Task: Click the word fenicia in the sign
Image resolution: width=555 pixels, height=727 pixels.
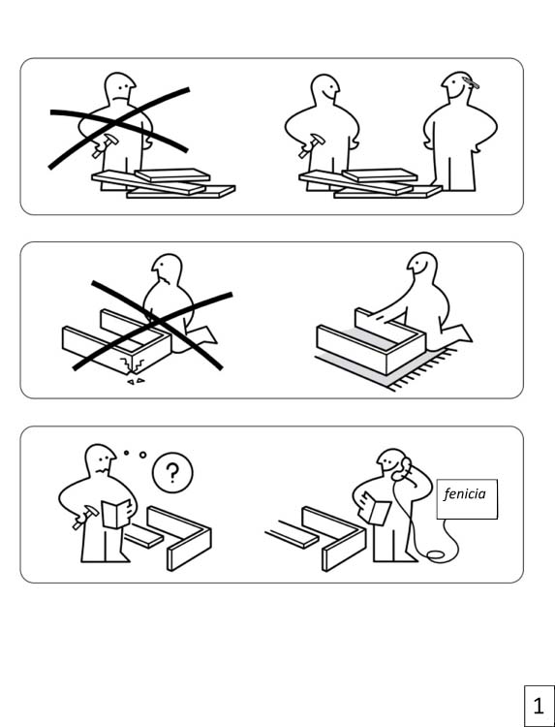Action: (465, 493)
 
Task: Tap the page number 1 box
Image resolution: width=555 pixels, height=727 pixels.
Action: (539, 706)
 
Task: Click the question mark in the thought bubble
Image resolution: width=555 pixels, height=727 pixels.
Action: (172, 473)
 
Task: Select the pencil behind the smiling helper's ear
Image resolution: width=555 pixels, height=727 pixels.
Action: (470, 83)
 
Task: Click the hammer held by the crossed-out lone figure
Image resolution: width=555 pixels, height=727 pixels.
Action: (105, 145)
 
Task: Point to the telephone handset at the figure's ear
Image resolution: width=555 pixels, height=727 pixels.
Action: (403, 469)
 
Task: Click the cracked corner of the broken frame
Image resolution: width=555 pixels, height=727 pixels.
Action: (132, 363)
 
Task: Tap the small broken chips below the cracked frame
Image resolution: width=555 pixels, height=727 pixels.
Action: (136, 382)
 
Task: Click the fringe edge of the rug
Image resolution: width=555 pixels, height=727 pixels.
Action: (421, 369)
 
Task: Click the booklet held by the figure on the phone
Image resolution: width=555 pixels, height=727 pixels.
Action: (374, 509)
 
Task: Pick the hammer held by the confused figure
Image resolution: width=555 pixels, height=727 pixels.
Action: (85, 517)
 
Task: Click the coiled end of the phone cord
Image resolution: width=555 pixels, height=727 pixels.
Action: (436, 554)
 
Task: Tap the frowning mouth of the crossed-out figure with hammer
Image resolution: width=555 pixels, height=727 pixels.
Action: (121, 99)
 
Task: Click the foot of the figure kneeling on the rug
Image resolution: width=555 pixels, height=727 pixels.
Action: (459, 334)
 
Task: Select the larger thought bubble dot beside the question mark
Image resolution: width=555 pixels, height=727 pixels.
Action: (142, 456)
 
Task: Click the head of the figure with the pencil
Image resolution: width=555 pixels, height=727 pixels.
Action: (459, 86)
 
